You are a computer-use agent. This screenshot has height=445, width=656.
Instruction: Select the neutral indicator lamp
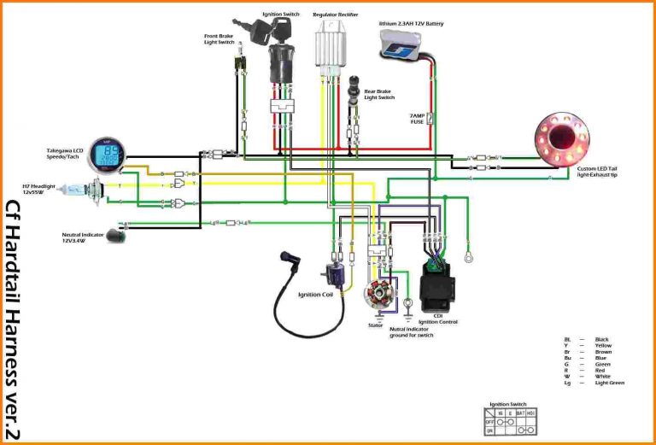coord(114,236)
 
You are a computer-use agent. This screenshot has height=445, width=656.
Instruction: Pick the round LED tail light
coord(564,137)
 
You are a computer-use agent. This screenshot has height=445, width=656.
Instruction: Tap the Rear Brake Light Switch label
coord(379,94)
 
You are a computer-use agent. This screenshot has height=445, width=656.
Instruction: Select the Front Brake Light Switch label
coord(220,39)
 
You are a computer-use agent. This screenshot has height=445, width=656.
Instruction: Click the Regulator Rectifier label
coord(336,15)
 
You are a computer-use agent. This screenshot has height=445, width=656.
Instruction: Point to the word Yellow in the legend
coord(602,346)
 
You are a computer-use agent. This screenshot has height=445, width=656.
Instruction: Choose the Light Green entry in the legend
coord(609,383)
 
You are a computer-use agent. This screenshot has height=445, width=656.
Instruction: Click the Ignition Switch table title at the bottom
coord(507,403)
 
